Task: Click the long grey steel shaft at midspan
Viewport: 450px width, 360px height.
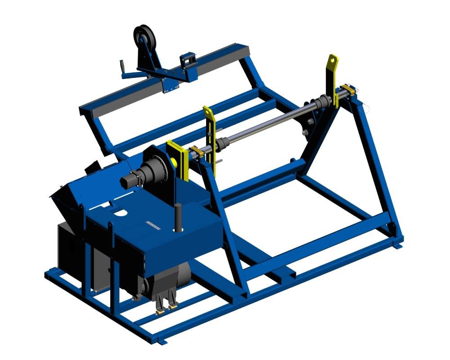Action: (x=265, y=125)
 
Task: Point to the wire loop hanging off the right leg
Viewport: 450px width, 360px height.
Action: (x=368, y=108)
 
